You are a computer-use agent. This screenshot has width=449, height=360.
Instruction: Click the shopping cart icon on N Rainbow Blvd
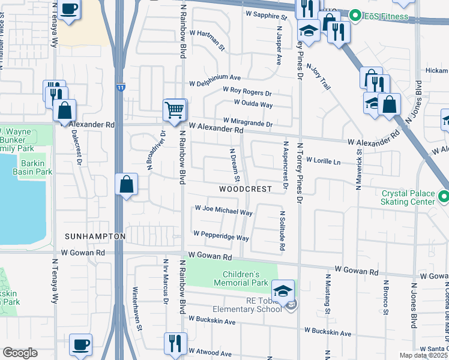(175, 110)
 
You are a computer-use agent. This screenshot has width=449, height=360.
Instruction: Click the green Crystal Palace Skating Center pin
(444, 196)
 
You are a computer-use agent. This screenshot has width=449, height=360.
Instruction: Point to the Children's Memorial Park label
(241, 277)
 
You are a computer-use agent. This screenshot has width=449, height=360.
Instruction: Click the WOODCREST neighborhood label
(245, 188)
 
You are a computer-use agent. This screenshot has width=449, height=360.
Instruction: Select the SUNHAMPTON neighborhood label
(95, 236)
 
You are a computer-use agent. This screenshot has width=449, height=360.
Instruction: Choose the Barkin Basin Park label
(36, 167)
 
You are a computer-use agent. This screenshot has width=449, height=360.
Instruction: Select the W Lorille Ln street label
(323, 161)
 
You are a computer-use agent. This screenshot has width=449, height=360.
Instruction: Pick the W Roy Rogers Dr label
(247, 94)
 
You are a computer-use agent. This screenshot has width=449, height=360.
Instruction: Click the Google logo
(20, 353)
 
